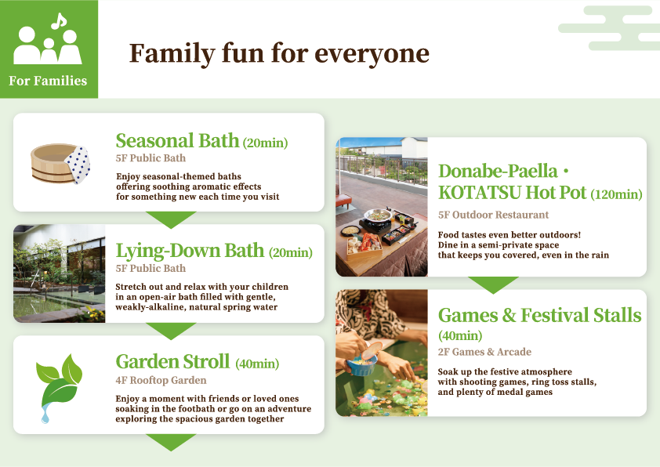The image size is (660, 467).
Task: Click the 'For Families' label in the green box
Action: point(48,81)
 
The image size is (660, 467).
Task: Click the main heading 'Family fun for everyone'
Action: point(279,53)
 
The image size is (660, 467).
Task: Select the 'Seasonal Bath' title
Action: point(177,141)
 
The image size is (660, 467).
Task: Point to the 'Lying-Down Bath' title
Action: point(190,251)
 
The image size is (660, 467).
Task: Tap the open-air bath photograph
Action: point(60,273)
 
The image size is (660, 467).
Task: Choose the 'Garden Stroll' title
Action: point(172,362)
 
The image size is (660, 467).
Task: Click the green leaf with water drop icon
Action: point(60,386)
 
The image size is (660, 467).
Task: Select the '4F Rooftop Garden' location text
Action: point(161,381)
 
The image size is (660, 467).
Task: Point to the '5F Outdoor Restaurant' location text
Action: point(493,215)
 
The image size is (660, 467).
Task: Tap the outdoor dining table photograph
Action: point(382,207)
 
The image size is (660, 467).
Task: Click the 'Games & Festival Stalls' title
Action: point(539,316)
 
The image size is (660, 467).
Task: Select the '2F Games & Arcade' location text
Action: point(484,352)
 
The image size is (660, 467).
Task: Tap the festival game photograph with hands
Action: point(382,353)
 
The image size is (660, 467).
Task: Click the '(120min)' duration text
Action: point(616,194)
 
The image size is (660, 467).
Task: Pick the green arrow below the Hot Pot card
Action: point(492,284)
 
